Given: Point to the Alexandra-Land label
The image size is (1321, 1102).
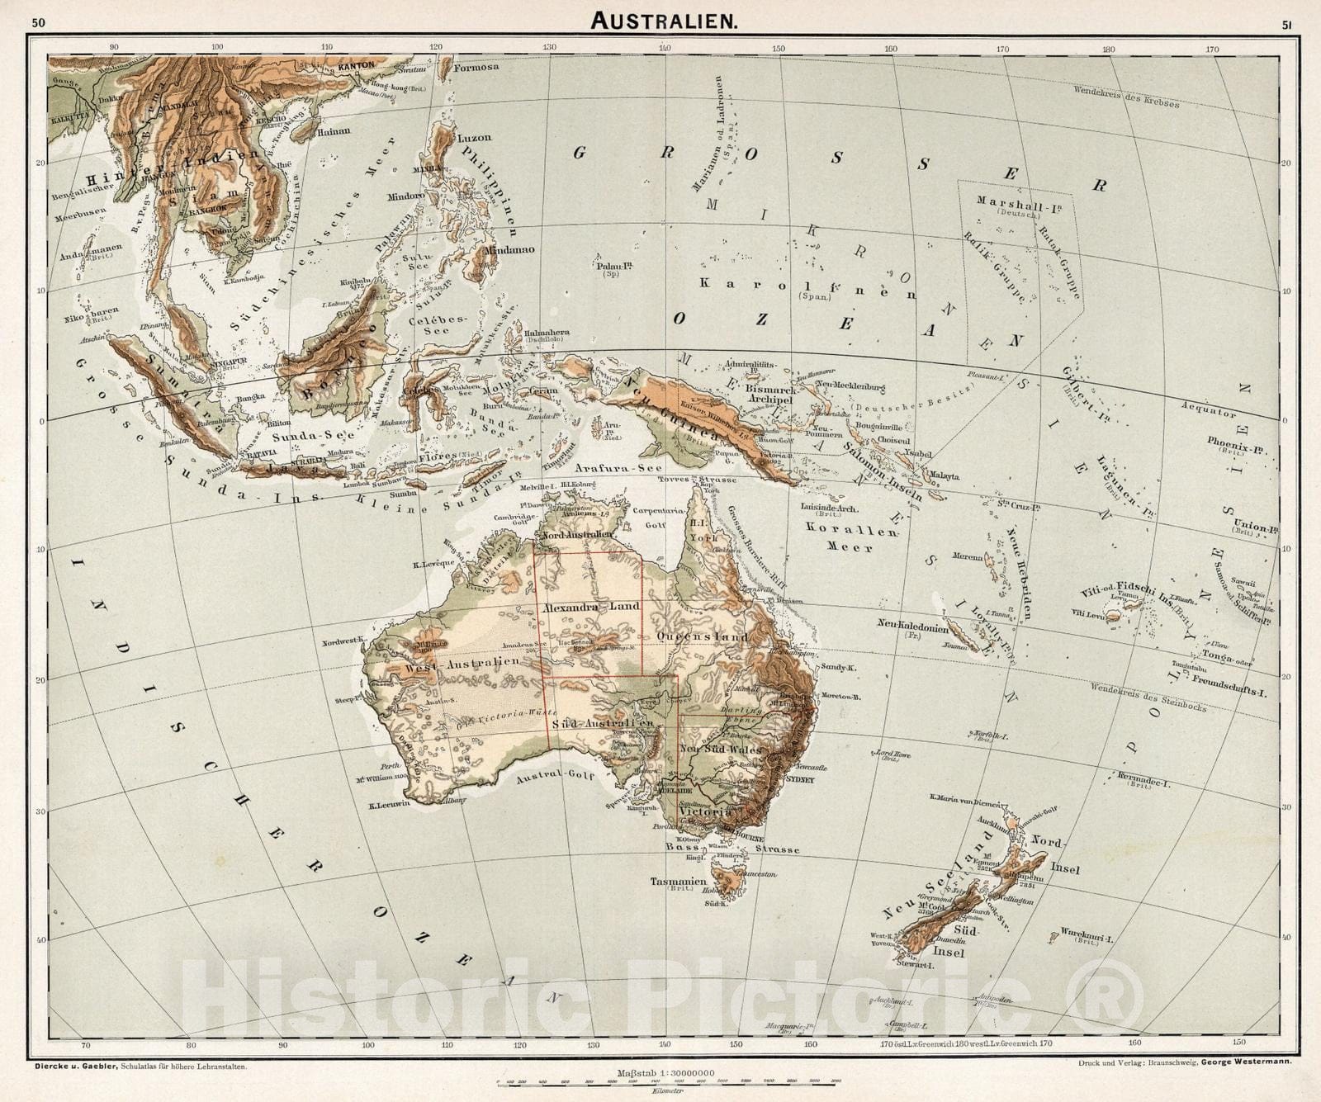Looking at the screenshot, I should (592, 607).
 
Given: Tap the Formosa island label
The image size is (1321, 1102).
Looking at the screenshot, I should (477, 68).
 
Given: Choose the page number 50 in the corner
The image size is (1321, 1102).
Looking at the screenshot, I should (39, 22).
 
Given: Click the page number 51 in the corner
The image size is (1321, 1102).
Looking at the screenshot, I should (1287, 24).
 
